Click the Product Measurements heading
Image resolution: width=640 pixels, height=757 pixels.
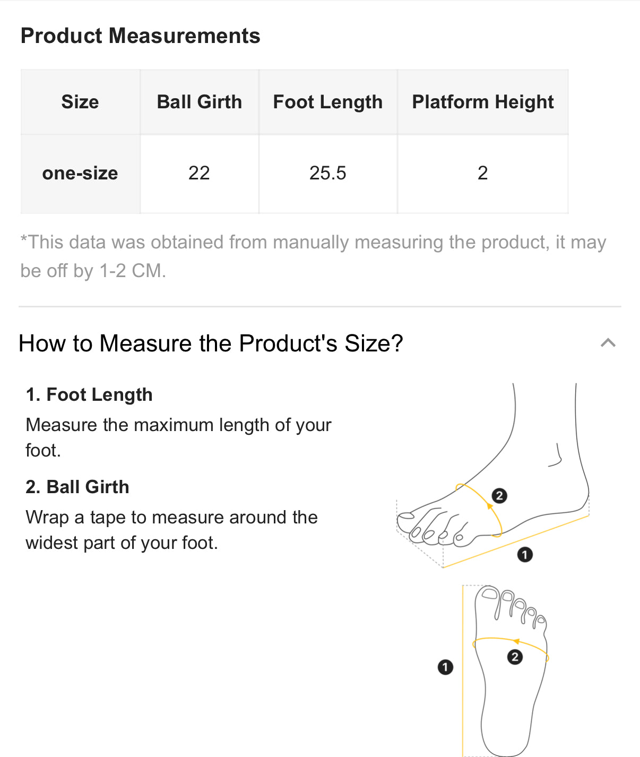tap(140, 36)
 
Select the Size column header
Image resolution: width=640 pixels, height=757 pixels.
tap(80, 102)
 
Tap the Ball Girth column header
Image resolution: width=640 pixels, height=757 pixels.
tap(200, 102)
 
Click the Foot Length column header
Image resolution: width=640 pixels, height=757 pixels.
tap(327, 102)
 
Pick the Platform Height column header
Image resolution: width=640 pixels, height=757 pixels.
tap(483, 102)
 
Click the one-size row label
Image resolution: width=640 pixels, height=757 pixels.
tap(80, 173)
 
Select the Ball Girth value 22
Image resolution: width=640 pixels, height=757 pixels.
tap(199, 173)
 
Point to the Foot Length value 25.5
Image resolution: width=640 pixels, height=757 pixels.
tap(327, 173)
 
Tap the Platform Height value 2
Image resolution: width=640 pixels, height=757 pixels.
tap(482, 173)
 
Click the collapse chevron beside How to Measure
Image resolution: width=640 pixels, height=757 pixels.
tap(608, 343)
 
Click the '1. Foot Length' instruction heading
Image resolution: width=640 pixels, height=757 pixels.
tap(89, 395)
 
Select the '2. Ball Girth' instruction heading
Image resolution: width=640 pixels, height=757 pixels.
tap(77, 487)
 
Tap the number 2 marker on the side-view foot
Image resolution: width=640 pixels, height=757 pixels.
tap(499, 496)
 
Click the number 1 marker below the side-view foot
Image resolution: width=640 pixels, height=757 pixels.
tap(525, 555)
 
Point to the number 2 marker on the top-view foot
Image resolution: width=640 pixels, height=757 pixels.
tap(515, 657)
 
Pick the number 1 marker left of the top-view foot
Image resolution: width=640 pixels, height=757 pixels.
tap(445, 667)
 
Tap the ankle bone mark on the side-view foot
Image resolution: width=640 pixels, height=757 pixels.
tap(555, 455)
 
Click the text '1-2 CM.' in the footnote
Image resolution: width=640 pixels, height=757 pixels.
tap(133, 271)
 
